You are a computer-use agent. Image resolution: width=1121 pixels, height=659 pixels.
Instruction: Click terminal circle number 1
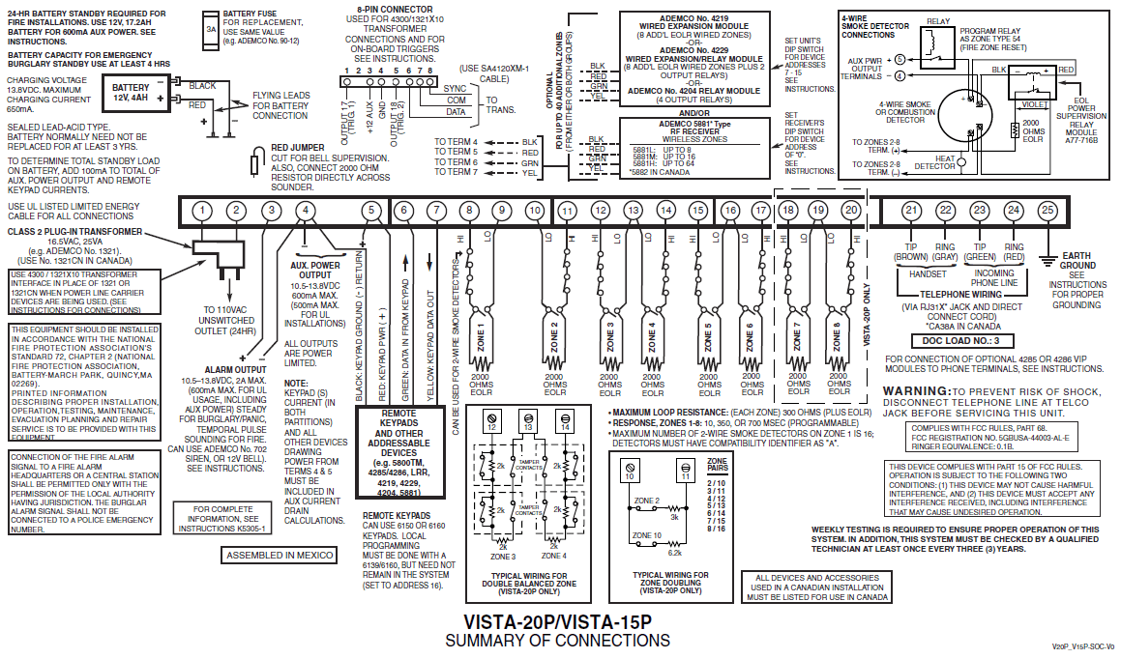point(201,211)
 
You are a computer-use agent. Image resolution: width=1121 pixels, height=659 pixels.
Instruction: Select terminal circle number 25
point(1047,211)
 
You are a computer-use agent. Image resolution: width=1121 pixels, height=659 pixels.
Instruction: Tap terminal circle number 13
point(633,211)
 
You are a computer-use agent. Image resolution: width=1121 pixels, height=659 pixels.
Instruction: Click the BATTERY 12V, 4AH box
point(130,93)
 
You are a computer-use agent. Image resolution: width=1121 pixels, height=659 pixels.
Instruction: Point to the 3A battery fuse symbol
point(211,30)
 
